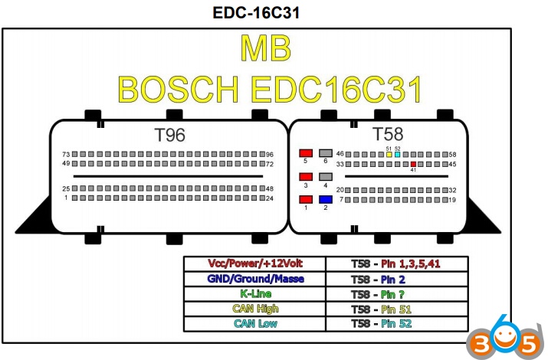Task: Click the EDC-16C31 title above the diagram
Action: (x=256, y=12)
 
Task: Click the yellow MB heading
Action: (x=266, y=49)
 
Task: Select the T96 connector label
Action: (x=169, y=135)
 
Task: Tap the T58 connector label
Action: (x=387, y=134)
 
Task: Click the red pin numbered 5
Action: (x=306, y=153)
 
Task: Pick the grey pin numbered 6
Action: (x=326, y=153)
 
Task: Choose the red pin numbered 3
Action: (x=306, y=177)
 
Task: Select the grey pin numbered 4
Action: (x=326, y=177)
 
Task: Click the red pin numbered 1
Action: (x=306, y=200)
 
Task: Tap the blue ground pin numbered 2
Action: (x=326, y=200)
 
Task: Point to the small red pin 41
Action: (x=413, y=164)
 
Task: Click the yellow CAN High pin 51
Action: (x=389, y=155)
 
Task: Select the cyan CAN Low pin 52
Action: (x=397, y=155)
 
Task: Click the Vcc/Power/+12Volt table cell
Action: (x=254, y=263)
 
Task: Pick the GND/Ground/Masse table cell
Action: (x=254, y=278)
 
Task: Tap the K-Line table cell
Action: (x=254, y=293)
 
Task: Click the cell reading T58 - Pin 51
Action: (x=395, y=309)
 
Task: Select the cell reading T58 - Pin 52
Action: (x=395, y=324)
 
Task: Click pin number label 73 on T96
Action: (x=66, y=154)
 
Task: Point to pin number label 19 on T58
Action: (x=452, y=200)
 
